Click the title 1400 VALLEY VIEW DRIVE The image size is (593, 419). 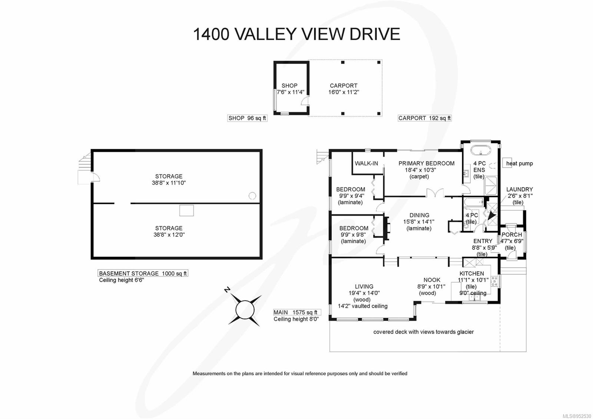[296, 34]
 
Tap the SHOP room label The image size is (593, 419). [289, 85]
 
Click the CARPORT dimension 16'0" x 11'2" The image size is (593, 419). [344, 92]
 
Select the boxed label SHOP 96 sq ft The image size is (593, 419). [247, 118]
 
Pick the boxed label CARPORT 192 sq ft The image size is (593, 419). [424, 118]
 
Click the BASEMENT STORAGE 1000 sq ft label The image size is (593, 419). [143, 273]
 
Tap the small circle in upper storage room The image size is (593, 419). [252, 195]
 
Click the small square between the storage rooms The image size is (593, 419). [186, 210]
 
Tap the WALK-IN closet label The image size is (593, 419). [366, 163]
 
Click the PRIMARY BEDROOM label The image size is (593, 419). [426, 163]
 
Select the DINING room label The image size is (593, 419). [419, 215]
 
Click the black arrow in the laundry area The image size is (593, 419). [492, 215]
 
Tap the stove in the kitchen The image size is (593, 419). [494, 281]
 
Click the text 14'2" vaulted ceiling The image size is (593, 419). [362, 306]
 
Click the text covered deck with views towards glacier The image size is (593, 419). [423, 332]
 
